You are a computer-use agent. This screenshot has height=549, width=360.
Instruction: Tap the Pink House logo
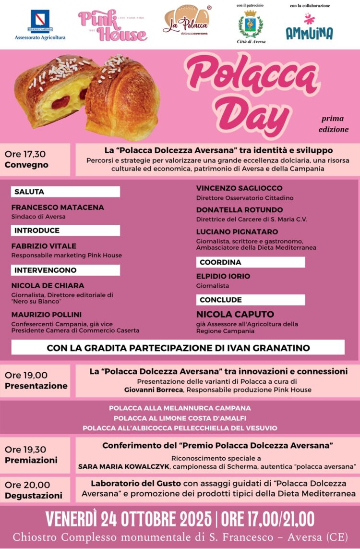(112, 25)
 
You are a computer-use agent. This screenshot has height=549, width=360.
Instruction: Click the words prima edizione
(334, 124)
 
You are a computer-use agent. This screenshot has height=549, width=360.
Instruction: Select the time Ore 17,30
(25, 154)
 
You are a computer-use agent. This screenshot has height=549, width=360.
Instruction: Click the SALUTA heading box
(65, 192)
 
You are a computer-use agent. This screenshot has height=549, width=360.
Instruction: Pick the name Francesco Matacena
(58, 207)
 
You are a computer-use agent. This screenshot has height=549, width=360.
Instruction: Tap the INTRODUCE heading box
(65, 231)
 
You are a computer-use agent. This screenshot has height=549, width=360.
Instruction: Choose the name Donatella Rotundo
(240, 210)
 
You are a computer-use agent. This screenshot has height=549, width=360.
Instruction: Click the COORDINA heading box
(251, 262)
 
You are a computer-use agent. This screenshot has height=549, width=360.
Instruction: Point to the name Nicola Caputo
(235, 314)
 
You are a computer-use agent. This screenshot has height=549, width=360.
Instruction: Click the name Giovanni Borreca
(151, 390)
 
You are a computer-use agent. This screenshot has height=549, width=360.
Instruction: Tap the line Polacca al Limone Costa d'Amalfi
(180, 418)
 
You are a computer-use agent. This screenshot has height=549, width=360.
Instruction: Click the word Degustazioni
(34, 495)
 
